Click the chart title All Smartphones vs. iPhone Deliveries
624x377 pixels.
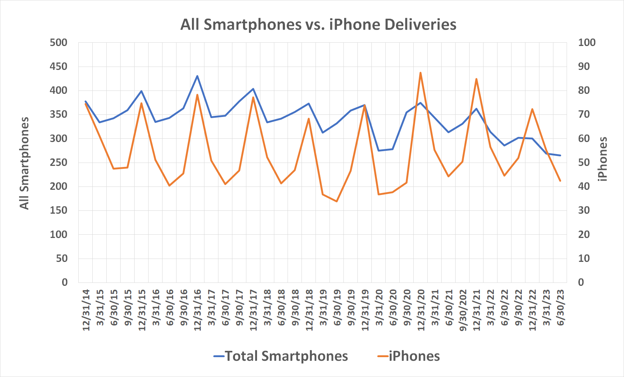318,25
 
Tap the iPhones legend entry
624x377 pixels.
409,356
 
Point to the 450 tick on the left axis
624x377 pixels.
59,67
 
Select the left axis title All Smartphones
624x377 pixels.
24,163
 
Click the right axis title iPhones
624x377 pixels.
603,159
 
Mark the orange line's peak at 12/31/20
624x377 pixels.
420,73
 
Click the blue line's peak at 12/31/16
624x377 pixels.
197,76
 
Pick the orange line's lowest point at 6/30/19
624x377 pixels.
336,201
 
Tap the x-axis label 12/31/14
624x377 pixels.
86,310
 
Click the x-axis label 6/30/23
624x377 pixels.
560,307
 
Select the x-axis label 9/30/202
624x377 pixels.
463,310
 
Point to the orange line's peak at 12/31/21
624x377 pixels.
476,79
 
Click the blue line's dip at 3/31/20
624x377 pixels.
379,150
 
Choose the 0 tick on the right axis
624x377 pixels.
581,282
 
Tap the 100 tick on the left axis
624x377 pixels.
59,234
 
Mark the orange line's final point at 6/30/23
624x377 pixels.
560,181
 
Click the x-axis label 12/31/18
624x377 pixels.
309,310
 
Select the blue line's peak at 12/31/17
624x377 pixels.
253,89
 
